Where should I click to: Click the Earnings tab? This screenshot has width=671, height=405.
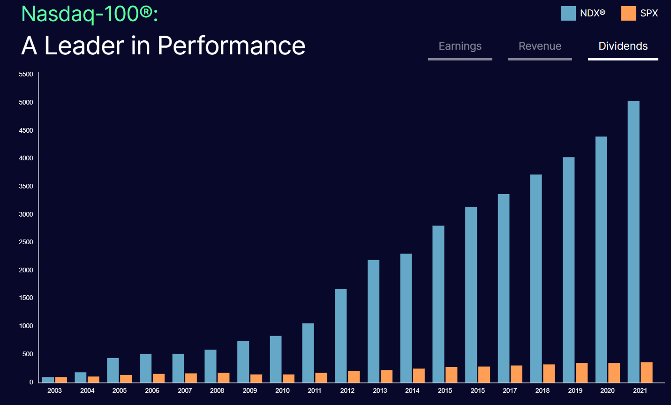tap(460, 46)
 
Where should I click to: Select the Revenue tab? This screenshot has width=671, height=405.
tap(540, 46)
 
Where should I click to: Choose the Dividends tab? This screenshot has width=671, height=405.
tap(623, 46)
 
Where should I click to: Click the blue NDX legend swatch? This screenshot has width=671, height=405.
tap(568, 14)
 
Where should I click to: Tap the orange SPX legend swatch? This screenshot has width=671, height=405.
tap(628, 14)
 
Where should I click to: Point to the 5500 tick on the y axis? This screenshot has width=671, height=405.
tap(26, 74)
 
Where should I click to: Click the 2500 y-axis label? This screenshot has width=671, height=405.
tap(26, 242)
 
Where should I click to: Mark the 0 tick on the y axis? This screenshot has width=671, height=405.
tap(31, 382)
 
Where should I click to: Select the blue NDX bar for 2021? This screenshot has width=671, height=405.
tap(633, 242)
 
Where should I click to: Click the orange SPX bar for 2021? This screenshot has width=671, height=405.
tap(647, 372)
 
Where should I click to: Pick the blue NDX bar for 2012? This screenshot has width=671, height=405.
tap(341, 336)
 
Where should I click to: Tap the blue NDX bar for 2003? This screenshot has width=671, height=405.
tap(48, 380)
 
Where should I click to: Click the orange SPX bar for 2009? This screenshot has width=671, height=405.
tap(256, 379)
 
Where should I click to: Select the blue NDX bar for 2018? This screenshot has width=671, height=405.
tap(536, 278)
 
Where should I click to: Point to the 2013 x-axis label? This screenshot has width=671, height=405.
tap(380, 390)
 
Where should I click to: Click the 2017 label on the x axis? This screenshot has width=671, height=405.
tap(510, 390)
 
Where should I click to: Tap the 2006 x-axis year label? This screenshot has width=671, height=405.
tap(152, 390)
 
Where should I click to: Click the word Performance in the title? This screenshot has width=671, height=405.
tap(231, 46)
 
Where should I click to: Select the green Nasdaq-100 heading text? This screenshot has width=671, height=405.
tap(90, 14)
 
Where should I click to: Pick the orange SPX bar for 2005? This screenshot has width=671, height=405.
tap(126, 379)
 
